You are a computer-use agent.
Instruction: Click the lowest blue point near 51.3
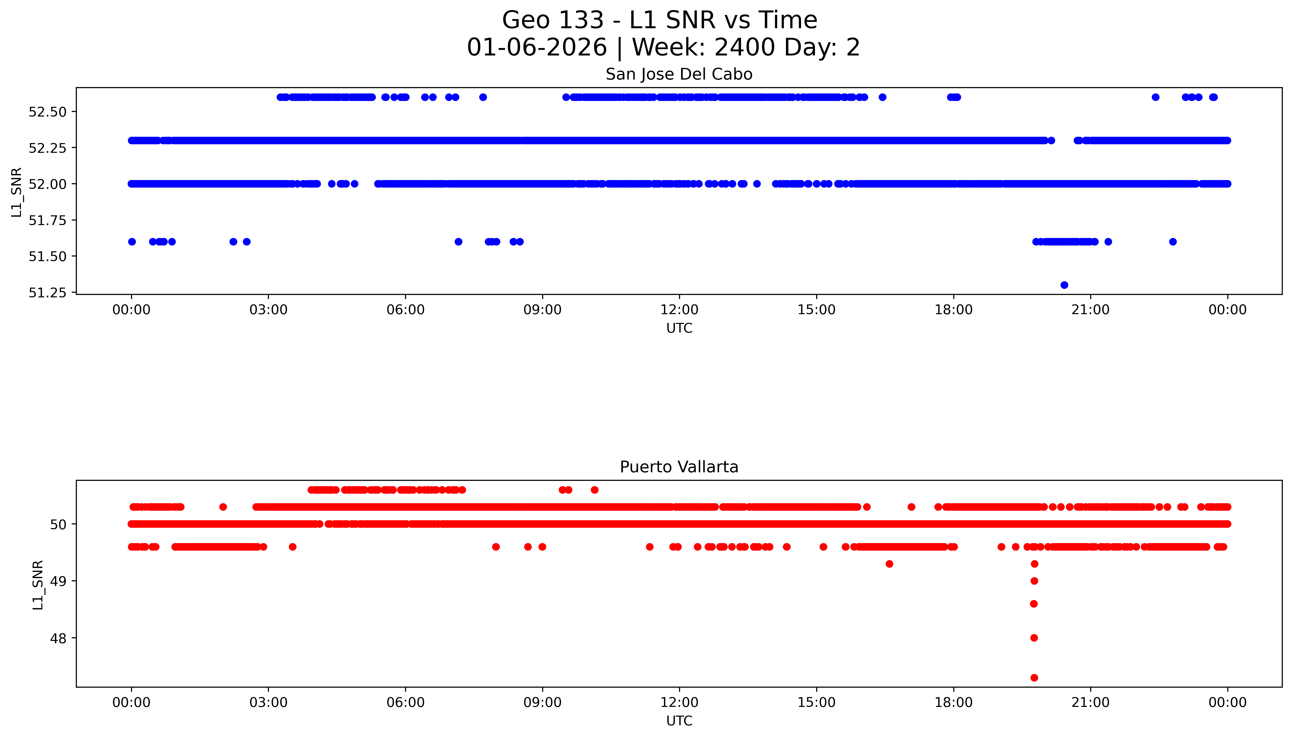point(1064,285)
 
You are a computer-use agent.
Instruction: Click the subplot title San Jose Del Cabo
point(679,74)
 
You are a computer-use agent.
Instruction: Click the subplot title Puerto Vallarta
point(679,467)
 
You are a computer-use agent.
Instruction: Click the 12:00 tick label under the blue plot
point(679,310)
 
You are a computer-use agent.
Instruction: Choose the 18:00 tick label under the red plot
point(953,702)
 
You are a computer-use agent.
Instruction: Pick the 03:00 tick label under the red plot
point(268,702)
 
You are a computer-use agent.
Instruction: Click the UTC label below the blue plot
point(679,328)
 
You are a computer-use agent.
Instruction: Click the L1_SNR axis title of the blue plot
point(17,192)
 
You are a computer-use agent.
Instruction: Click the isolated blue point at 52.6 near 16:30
point(882,97)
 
